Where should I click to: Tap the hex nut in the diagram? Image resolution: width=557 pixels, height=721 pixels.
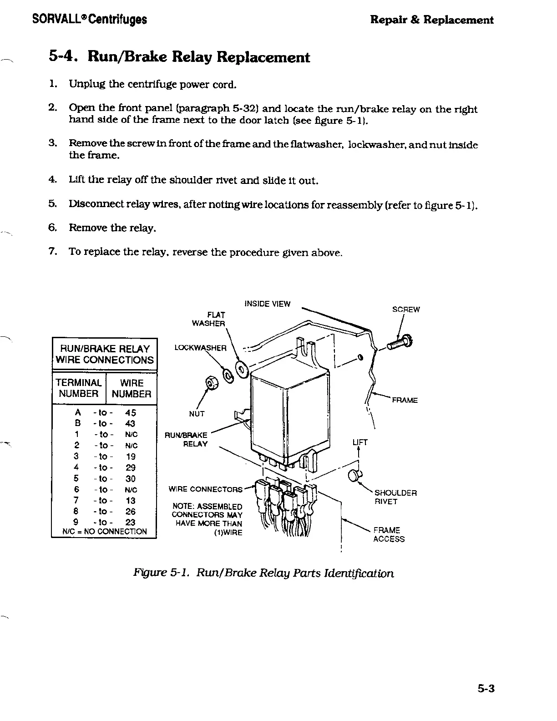pyautogui.click(x=211, y=383)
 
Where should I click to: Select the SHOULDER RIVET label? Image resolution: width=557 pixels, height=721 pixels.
pyautogui.click(x=395, y=497)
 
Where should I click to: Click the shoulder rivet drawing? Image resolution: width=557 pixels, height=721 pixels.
pyautogui.click(x=354, y=476)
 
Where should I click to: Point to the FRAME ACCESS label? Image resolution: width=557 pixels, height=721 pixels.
pyautogui.click(x=389, y=534)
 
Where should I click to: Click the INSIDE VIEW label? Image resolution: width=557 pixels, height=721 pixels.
pyautogui.click(x=267, y=304)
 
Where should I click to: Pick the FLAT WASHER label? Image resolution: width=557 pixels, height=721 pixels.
pyautogui.click(x=209, y=319)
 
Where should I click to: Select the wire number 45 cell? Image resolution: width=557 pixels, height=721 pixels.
pyautogui.click(x=131, y=413)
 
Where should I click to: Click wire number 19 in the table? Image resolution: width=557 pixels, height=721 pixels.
pyautogui.click(x=131, y=457)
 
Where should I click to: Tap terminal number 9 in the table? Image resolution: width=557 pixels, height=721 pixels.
pyautogui.click(x=77, y=523)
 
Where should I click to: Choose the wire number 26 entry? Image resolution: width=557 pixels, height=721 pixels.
pyautogui.click(x=131, y=512)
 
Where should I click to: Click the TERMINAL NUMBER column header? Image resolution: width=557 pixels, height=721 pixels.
pyautogui.click(x=79, y=388)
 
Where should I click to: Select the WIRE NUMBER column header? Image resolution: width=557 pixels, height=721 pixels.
pyautogui.click(x=132, y=388)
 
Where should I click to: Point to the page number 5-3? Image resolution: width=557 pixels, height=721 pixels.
pyautogui.click(x=486, y=689)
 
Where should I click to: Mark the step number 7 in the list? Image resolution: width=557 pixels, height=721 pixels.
pyautogui.click(x=52, y=251)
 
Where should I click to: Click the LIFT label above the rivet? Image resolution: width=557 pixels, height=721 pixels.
pyautogui.click(x=360, y=442)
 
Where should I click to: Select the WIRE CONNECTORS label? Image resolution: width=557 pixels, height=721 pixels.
pyautogui.click(x=206, y=489)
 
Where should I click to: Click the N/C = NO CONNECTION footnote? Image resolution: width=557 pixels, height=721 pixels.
pyautogui.click(x=105, y=532)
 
